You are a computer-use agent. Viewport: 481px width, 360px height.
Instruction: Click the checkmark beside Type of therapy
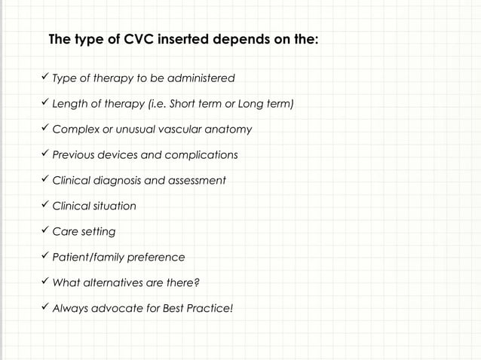(x=44, y=77)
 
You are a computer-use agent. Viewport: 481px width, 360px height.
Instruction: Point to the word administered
(x=201, y=78)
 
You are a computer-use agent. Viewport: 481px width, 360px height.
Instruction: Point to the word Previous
(x=73, y=155)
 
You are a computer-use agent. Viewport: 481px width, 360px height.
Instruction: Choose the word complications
(x=201, y=155)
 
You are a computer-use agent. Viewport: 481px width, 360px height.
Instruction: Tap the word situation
(x=115, y=206)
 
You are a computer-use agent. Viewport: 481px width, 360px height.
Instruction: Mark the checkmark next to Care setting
(x=44, y=230)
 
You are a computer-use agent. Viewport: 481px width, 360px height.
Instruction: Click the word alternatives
(x=119, y=282)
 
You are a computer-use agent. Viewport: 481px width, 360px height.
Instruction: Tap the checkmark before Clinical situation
(x=44, y=205)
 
